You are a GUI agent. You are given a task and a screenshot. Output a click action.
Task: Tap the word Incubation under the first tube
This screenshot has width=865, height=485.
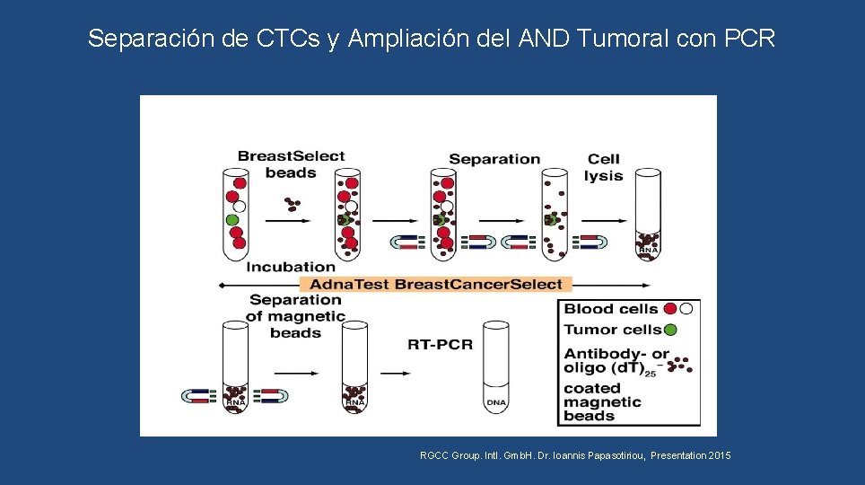tap(291, 266)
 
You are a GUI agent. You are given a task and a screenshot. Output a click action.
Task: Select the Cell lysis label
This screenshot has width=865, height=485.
tap(603, 167)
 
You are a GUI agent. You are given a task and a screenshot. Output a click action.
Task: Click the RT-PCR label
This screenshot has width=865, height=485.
tap(440, 344)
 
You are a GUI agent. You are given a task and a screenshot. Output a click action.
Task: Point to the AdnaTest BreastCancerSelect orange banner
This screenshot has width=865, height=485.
tap(435, 284)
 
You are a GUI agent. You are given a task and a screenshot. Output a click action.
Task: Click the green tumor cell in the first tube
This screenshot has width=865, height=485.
tap(232, 219)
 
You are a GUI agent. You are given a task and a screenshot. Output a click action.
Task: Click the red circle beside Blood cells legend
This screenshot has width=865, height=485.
tap(669, 309)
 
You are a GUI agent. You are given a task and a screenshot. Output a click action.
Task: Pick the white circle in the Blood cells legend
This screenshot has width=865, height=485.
tap(686, 309)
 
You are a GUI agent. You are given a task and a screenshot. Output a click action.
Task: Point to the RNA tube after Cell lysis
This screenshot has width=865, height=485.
tap(647, 216)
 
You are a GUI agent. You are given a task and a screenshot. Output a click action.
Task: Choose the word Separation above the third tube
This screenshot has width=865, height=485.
tap(494, 159)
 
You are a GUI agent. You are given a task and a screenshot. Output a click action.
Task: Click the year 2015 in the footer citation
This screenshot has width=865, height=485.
tap(720, 456)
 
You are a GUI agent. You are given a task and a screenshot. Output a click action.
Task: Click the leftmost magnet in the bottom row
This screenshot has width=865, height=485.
tap(199, 395)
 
